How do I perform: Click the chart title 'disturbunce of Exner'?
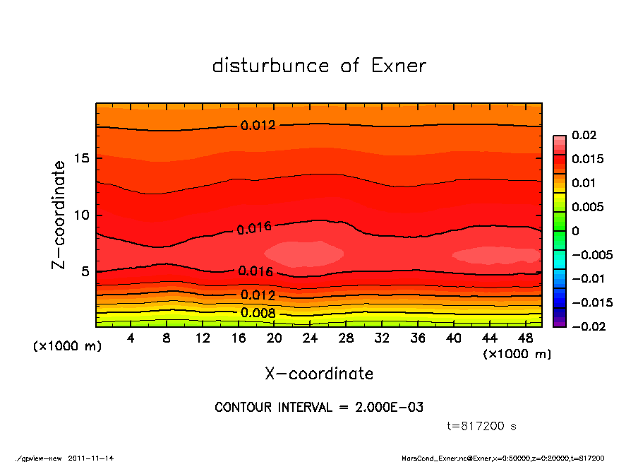pos(319,66)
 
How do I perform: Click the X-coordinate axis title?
pos(319,373)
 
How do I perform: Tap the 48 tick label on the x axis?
pos(526,338)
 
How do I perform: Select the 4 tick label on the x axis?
pos(131,338)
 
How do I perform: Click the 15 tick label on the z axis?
pos(81,158)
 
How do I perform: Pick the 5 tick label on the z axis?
pos(85,271)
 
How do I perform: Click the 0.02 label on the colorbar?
pos(585,135)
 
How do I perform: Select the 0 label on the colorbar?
pos(576,231)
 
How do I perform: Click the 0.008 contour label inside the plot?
pos(258,313)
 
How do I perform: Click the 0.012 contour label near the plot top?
pos(258,126)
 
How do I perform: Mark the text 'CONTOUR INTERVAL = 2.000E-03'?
pos(319,408)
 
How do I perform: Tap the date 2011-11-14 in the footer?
pos(91,458)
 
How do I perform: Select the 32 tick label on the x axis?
pos(383,338)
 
